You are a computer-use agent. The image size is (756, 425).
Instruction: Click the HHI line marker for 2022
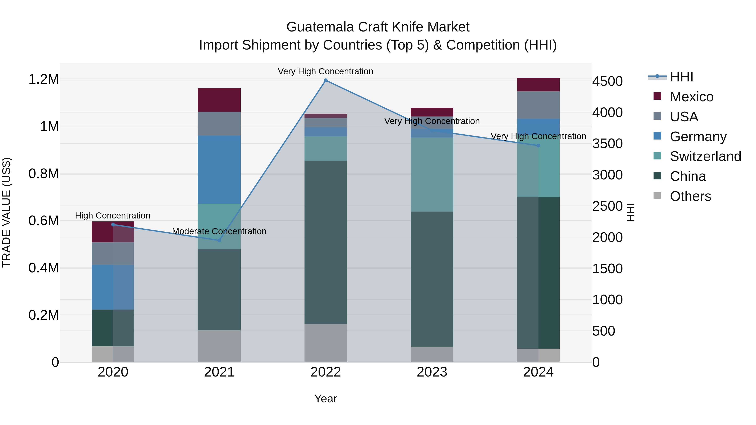click(x=325, y=80)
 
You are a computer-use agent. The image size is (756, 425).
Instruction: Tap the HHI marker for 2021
click(x=219, y=240)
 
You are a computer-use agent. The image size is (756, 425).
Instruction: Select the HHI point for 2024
click(x=538, y=145)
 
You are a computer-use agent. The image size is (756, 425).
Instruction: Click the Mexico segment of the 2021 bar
click(x=219, y=100)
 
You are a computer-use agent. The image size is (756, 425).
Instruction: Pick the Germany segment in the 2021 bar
click(x=219, y=170)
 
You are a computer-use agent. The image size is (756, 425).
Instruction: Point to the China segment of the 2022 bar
click(x=325, y=242)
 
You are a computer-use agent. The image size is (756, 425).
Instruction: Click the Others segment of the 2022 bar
click(x=325, y=343)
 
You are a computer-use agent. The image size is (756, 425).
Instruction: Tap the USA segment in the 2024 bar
click(x=538, y=105)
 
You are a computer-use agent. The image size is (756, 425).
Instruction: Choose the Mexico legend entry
click(x=692, y=97)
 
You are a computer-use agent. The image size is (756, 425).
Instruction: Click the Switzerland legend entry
click(x=705, y=156)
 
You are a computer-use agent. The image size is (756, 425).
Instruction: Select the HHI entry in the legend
click(x=681, y=77)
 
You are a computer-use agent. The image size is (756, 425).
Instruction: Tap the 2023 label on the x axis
click(x=432, y=372)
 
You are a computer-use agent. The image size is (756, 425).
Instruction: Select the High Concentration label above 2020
click(x=113, y=216)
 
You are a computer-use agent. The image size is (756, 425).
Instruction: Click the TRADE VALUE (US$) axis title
click(x=7, y=212)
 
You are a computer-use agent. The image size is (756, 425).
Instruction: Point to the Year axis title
click(x=325, y=399)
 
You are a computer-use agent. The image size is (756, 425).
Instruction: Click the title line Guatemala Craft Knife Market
click(x=378, y=27)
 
